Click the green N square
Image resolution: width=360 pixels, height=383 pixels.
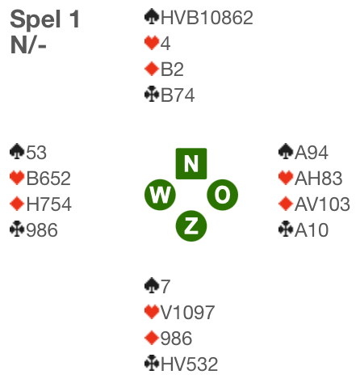[x=191, y=163]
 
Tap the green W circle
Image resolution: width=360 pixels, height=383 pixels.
[x=160, y=195]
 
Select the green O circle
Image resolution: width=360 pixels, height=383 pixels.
[x=223, y=195]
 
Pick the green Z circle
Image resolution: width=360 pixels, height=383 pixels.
[x=191, y=226]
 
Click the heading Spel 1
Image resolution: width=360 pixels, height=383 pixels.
[x=45, y=19]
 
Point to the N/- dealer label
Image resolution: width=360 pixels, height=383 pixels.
[x=28, y=44]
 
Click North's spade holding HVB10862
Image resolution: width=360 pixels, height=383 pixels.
[x=207, y=18]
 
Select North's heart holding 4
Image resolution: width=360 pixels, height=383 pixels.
[x=165, y=44]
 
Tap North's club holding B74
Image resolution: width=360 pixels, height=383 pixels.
[x=178, y=95]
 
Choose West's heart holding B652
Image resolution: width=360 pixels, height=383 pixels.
[x=48, y=179]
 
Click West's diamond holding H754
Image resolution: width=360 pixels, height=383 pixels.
[x=49, y=204]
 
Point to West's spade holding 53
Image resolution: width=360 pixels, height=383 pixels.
[x=36, y=153]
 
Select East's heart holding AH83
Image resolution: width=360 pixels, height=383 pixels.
[x=319, y=179]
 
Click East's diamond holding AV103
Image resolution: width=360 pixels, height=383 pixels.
[x=322, y=204]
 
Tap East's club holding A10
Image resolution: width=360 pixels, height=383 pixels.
[x=312, y=230]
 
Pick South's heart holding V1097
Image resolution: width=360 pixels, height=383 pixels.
[x=187, y=313]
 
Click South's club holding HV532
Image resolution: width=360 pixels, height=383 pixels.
[x=189, y=364]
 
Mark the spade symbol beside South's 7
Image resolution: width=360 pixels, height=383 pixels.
[x=152, y=285]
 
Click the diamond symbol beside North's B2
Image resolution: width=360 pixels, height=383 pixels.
[x=152, y=69]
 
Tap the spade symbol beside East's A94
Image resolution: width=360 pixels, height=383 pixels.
[x=286, y=152]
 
